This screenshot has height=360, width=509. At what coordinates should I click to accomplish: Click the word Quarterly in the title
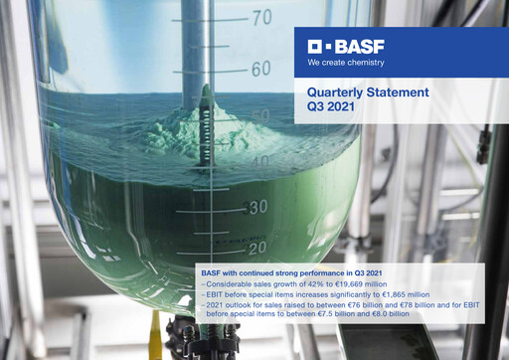[337, 92]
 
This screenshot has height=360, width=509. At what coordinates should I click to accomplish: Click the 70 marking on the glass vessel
[261, 17]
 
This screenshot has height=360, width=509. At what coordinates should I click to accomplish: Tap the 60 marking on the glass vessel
[261, 69]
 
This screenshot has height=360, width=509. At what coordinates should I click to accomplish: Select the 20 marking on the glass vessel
[257, 247]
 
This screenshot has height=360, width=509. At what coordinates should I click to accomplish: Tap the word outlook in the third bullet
[239, 304]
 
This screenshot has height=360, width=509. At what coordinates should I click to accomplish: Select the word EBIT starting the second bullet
[217, 294]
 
